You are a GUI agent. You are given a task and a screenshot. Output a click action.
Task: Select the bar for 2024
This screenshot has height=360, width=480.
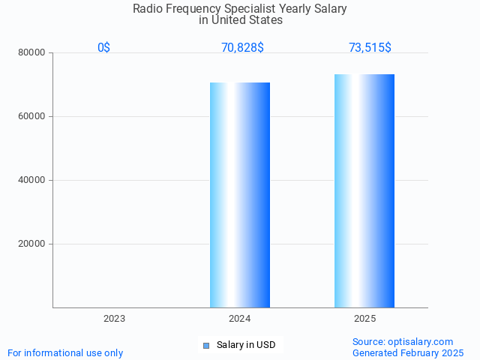click(240, 195)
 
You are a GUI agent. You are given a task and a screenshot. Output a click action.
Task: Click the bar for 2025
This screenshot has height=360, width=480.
click(364, 191)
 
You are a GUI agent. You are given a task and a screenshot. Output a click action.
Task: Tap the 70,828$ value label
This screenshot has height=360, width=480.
click(242, 48)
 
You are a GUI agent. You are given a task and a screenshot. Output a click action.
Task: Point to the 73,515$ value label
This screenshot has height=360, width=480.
click(370, 48)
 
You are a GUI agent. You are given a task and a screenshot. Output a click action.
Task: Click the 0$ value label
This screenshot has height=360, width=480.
click(103, 48)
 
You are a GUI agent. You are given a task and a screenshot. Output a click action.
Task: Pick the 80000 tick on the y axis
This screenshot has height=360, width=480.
click(32, 52)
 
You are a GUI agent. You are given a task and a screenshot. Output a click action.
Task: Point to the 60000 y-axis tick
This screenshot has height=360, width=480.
click(32, 116)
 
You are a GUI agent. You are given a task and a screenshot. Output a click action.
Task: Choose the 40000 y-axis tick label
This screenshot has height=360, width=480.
click(32, 180)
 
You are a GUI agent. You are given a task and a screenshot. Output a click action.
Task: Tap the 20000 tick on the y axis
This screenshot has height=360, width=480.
click(32, 244)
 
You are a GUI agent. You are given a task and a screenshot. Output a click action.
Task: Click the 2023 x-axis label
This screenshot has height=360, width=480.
click(115, 319)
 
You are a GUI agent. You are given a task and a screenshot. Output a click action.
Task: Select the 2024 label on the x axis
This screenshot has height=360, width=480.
click(240, 319)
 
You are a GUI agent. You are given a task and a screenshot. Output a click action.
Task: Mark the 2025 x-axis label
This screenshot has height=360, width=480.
click(365, 319)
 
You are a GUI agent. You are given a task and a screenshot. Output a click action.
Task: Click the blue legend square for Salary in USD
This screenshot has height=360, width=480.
click(206, 345)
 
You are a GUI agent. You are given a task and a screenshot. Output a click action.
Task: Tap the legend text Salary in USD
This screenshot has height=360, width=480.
click(246, 345)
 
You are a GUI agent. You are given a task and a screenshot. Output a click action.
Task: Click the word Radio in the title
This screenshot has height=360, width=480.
click(147, 9)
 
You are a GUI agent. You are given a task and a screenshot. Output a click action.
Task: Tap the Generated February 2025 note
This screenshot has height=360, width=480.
click(408, 352)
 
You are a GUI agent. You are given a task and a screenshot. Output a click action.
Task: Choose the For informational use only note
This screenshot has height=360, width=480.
click(65, 352)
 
